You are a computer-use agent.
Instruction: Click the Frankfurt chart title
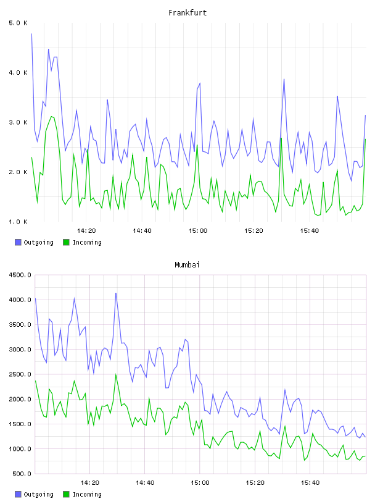(187, 13)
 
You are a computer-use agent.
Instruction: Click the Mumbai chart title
(187, 265)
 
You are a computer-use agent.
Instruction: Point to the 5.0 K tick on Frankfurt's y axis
(19, 23)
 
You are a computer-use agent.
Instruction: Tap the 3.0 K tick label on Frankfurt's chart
(19, 122)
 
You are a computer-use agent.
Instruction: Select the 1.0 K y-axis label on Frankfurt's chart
(19, 222)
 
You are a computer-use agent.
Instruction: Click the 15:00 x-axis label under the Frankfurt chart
(198, 231)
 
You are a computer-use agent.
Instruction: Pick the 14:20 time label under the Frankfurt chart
(86, 231)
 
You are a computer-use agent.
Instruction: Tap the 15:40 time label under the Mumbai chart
(310, 483)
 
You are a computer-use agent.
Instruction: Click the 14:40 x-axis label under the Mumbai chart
(145, 483)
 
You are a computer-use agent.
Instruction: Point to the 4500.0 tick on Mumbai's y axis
(20, 275)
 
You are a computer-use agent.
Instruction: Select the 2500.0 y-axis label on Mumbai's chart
(20, 374)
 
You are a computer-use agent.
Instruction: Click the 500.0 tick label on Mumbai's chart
(22, 474)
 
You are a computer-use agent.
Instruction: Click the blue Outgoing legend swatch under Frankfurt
(18, 242)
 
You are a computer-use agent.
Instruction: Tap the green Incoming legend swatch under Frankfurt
(66, 242)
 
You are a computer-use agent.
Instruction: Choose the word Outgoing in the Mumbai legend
(38, 494)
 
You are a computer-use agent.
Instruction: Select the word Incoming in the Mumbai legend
(87, 494)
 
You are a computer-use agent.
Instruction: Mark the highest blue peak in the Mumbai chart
(116, 293)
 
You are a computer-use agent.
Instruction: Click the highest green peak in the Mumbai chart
(116, 374)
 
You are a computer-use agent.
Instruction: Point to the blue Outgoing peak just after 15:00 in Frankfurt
(200, 83)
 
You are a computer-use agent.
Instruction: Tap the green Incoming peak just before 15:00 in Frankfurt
(197, 145)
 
